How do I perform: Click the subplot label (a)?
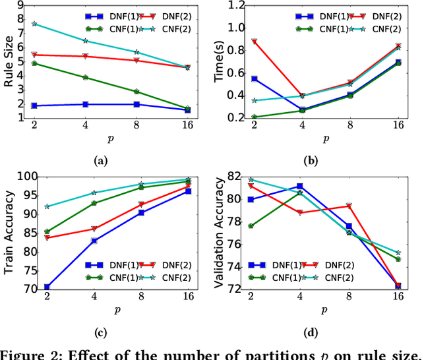coord(101,160)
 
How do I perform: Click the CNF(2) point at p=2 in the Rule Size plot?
coord(34,23)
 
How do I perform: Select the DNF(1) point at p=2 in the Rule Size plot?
coord(34,105)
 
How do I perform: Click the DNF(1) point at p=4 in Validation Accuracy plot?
coord(299,186)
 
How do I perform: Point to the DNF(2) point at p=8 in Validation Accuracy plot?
coord(349,206)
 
